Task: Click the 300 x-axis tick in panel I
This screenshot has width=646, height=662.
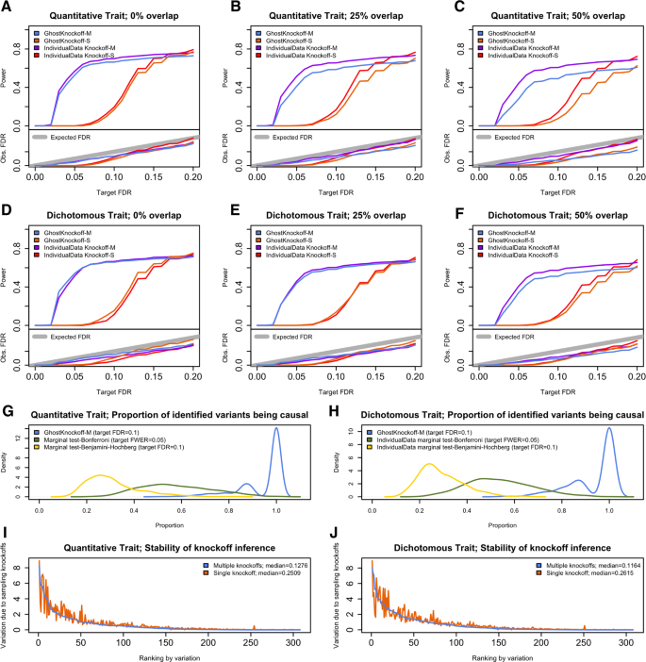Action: tap(288, 640)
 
